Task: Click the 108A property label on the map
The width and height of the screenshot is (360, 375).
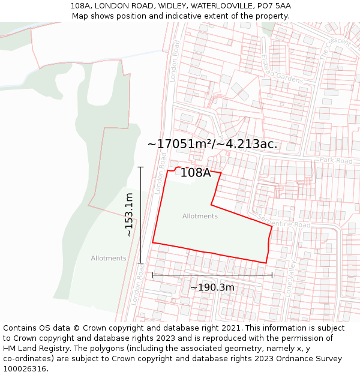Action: [x=196, y=173]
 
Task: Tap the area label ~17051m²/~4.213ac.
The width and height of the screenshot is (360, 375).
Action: [x=212, y=144]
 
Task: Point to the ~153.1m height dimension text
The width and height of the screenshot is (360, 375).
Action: [x=129, y=215]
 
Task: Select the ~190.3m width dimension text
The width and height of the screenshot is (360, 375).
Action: [x=212, y=287]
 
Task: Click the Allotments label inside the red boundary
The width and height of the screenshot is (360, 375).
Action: [x=200, y=216]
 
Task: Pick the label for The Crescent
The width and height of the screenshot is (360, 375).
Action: [x=335, y=47]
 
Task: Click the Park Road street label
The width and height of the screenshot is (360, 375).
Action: [x=336, y=161]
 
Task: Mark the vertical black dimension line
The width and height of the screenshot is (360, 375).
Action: [x=141, y=215]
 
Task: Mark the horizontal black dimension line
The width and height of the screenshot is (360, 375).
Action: [x=212, y=275]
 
